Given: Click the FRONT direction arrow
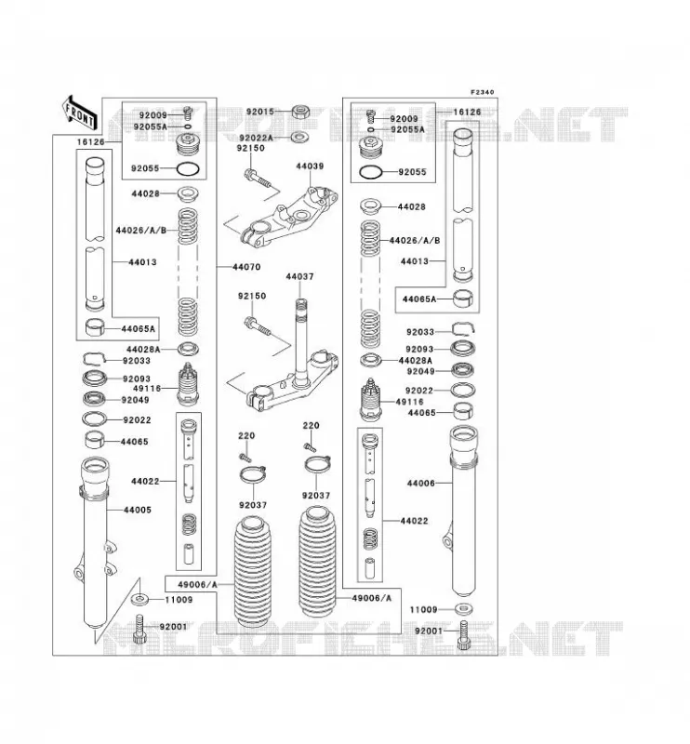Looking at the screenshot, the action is tap(80, 113).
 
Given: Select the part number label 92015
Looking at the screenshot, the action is tap(260, 112).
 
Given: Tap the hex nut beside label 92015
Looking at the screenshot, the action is tap(300, 112).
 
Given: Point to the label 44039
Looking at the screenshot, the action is tap(310, 166).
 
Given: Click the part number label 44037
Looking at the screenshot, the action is tap(299, 276).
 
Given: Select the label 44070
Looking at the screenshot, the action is tap(246, 267).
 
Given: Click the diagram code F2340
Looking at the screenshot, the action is tap(482, 92).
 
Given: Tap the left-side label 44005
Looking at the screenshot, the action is tap(137, 510).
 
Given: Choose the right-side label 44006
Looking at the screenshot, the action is tap(420, 484).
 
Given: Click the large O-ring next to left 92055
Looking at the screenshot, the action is tap(188, 169).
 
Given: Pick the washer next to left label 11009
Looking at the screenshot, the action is tap(139, 599).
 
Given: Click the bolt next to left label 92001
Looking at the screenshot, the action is tap(139, 629).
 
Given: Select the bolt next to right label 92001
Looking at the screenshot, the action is tap(464, 635).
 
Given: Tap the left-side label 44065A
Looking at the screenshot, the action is tap(139, 329).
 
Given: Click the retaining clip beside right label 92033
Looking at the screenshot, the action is tap(463, 328).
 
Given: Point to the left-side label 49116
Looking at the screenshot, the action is tap(147, 389).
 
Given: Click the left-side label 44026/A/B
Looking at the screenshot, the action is tap(141, 231).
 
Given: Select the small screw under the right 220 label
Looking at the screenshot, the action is tap(310, 447).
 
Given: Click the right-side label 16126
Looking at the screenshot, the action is tap(467, 113).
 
